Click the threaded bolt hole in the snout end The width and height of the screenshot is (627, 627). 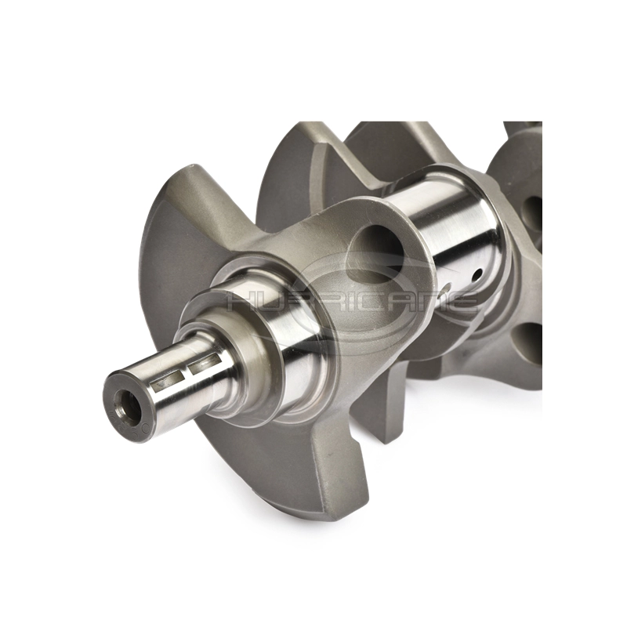[126, 400]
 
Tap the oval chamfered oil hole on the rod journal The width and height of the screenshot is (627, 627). [448, 288]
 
